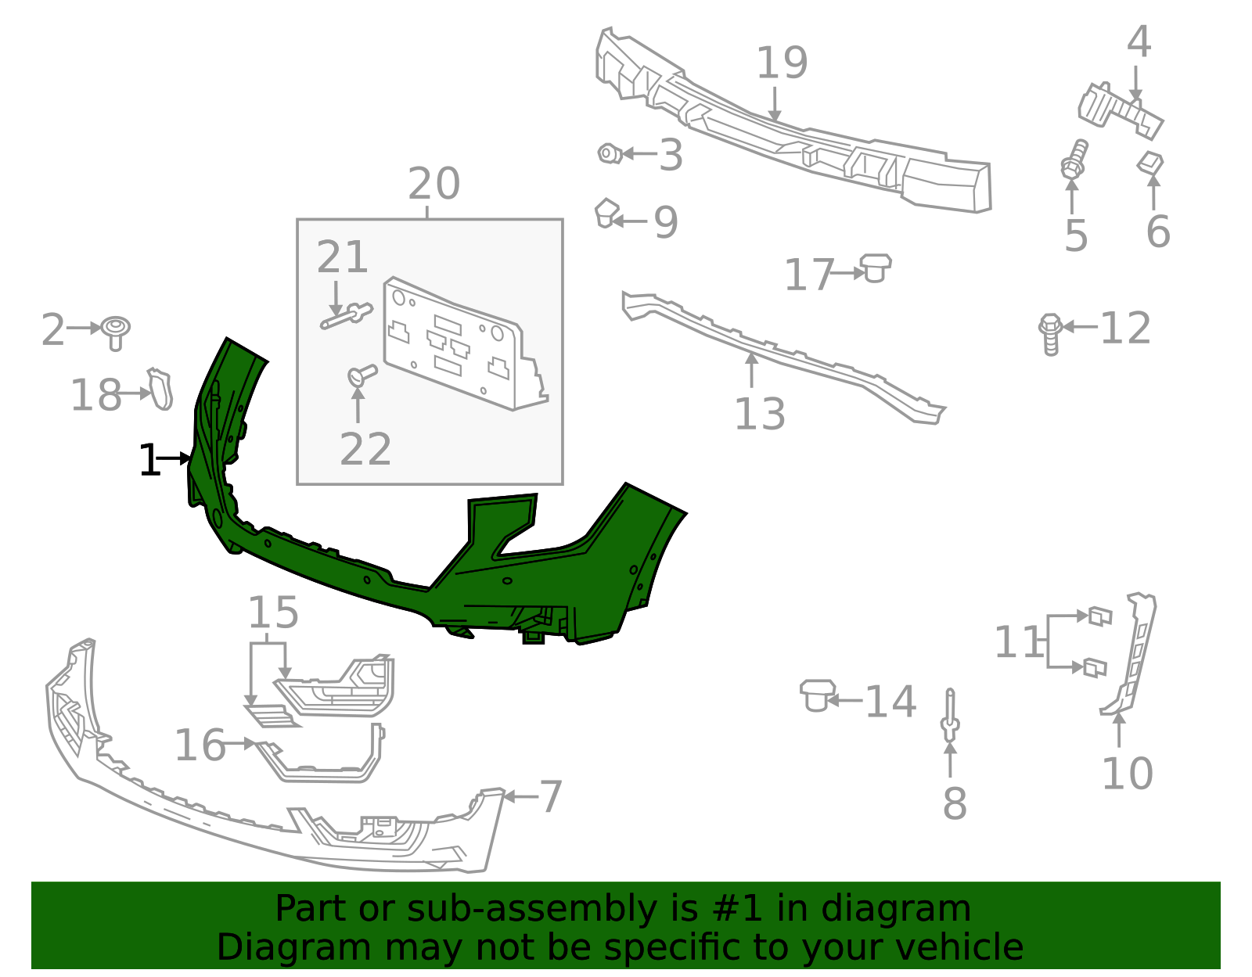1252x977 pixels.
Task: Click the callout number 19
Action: pos(781,63)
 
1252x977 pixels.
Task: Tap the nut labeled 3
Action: pos(609,153)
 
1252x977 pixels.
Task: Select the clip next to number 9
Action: pos(606,213)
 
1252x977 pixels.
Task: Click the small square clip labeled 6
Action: pos(1150,163)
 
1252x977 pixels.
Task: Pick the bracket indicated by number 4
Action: pos(1119,107)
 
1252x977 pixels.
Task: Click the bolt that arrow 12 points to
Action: pos(1050,333)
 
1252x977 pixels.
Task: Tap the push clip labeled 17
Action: pos(876,267)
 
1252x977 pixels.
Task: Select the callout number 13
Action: pos(759,415)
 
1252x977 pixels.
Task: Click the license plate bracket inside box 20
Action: pos(462,344)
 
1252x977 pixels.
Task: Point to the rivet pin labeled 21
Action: pos(347,316)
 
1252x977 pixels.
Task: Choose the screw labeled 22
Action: pos(361,375)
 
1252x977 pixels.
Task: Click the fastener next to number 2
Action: pos(116,332)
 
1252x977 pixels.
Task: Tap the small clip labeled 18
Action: pos(160,389)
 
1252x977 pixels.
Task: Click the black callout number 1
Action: pos(149,461)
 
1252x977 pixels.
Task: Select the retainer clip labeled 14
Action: pos(817,694)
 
